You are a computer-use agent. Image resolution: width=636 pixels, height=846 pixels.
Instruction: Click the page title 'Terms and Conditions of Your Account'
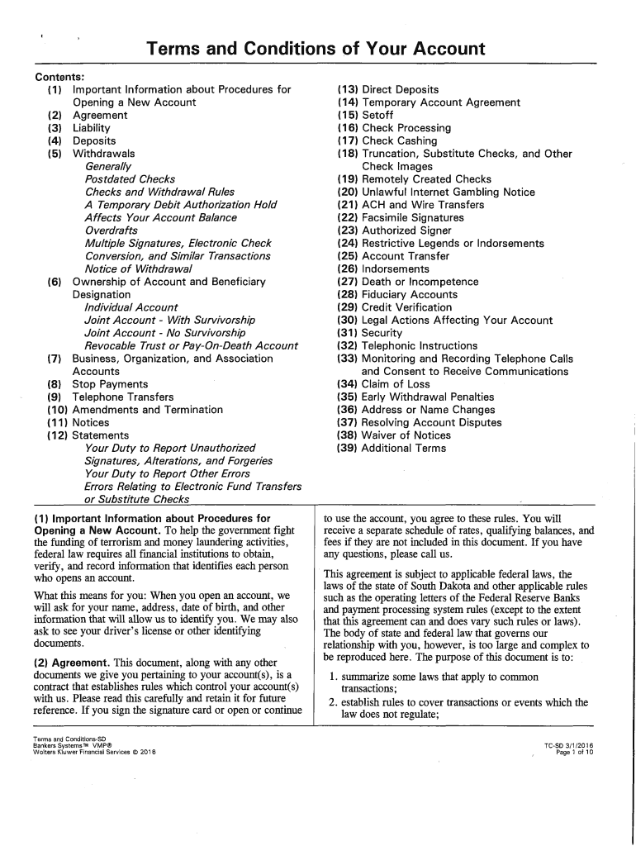[x=316, y=50]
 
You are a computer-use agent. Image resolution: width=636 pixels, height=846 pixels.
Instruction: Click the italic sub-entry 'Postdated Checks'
[x=130, y=179]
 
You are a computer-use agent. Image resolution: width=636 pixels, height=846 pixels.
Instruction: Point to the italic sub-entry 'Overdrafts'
[x=112, y=231]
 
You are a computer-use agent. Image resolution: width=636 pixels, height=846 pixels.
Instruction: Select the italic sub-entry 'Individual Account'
[x=131, y=307]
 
